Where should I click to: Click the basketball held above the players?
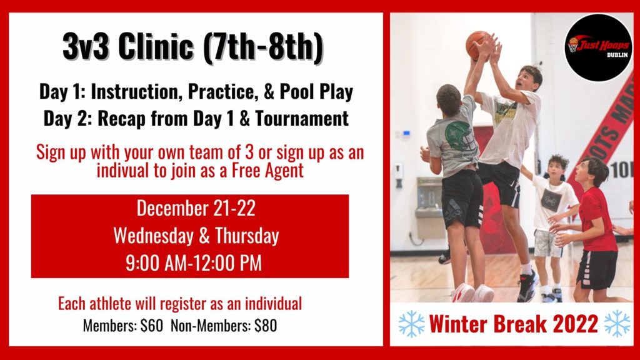coord(478,45)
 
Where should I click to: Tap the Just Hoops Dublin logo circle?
coord(599,47)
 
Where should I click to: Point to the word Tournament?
coord(302,118)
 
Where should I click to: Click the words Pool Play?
coord(316,92)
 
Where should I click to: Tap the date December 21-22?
coord(196,208)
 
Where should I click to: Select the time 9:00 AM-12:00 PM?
coord(194,263)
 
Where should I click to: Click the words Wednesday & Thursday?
coord(196,236)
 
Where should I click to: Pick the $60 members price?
coord(152,326)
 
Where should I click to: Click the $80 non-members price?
coord(266,326)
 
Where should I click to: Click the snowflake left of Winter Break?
coord(411,324)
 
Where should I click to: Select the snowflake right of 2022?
coord(617,324)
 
